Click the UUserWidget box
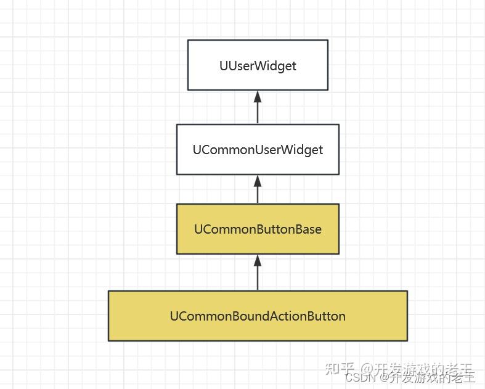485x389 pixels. click(x=258, y=65)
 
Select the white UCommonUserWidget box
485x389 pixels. click(x=258, y=149)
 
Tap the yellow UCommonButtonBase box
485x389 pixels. click(x=258, y=229)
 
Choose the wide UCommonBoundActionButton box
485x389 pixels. click(x=258, y=316)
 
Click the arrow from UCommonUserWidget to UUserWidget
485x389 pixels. click(x=258, y=109)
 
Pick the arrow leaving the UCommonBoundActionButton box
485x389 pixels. click(x=258, y=274)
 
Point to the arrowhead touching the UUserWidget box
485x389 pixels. click(x=258, y=96)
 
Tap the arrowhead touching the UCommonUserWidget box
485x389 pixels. click(x=258, y=180)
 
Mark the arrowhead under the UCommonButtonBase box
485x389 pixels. click(x=258, y=260)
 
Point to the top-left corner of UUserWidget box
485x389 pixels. click(x=188, y=40)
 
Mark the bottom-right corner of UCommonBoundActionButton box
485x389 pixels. click(x=407, y=340)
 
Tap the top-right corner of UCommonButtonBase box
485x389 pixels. click(x=339, y=204)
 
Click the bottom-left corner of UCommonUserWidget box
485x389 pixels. click(x=177, y=174)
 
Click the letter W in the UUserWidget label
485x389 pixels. click(x=254, y=65)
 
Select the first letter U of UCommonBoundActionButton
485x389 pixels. click(x=174, y=316)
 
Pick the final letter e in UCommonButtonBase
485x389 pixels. click(x=318, y=229)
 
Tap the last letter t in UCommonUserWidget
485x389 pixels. click(x=320, y=150)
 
